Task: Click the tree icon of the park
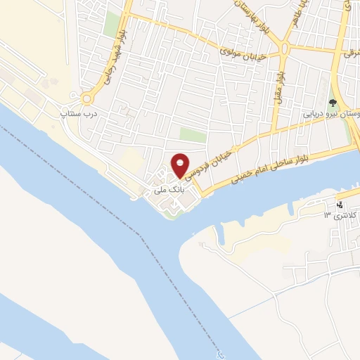pyautogui.click(x=333, y=103)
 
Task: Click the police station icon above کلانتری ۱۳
pyautogui.click(x=340, y=205)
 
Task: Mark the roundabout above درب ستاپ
pyautogui.click(x=89, y=99)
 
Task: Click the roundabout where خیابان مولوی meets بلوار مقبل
pyautogui.click(x=284, y=48)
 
